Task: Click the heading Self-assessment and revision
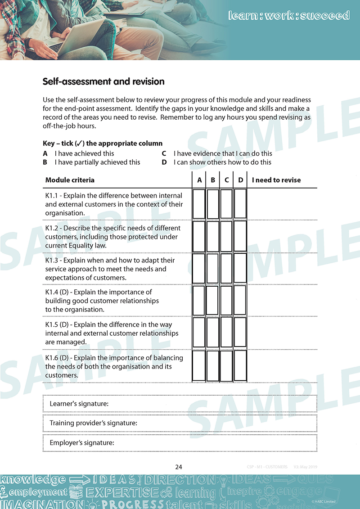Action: (x=103, y=81)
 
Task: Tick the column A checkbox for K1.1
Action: (x=199, y=204)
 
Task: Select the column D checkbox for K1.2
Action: (x=240, y=236)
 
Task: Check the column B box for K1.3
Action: (x=213, y=269)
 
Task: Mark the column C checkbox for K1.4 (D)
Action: (x=226, y=300)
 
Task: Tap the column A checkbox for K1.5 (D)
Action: (x=199, y=333)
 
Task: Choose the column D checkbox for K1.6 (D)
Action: (x=240, y=365)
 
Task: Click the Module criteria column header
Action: (x=70, y=180)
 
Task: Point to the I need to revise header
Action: (x=276, y=180)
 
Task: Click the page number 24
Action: (x=179, y=467)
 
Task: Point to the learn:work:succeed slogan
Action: (x=289, y=15)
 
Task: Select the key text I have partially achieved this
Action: (x=97, y=162)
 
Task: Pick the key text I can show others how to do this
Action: (x=222, y=162)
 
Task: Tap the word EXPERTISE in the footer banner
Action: (x=122, y=492)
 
